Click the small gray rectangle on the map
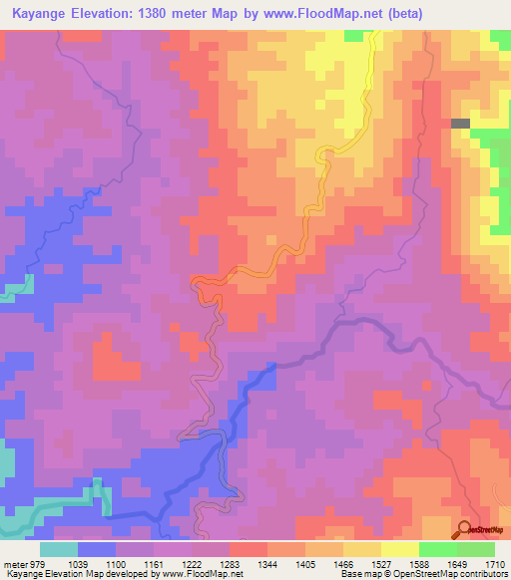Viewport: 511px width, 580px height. coord(460,124)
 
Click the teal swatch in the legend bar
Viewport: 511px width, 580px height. coord(59,549)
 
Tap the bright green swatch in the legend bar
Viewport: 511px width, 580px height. coord(438,549)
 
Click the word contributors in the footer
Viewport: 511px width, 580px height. coord(480,574)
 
